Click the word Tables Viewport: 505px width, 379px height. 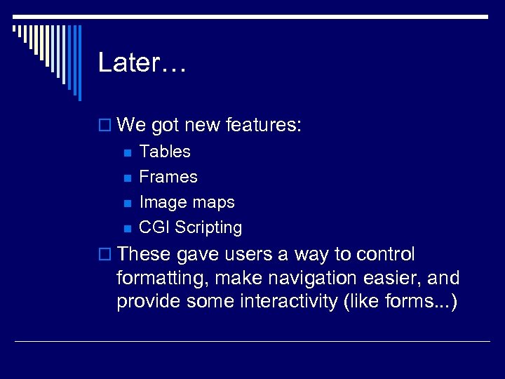point(165,152)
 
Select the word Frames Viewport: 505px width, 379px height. point(168,177)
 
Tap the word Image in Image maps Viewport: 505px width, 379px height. point(161,202)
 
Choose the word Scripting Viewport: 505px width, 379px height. point(208,227)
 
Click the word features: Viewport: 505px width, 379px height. point(264,126)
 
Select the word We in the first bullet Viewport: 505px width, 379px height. point(132,126)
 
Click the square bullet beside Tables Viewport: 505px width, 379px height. point(127,152)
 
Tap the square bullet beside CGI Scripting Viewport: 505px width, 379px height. point(127,228)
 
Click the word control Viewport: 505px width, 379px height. point(386,254)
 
